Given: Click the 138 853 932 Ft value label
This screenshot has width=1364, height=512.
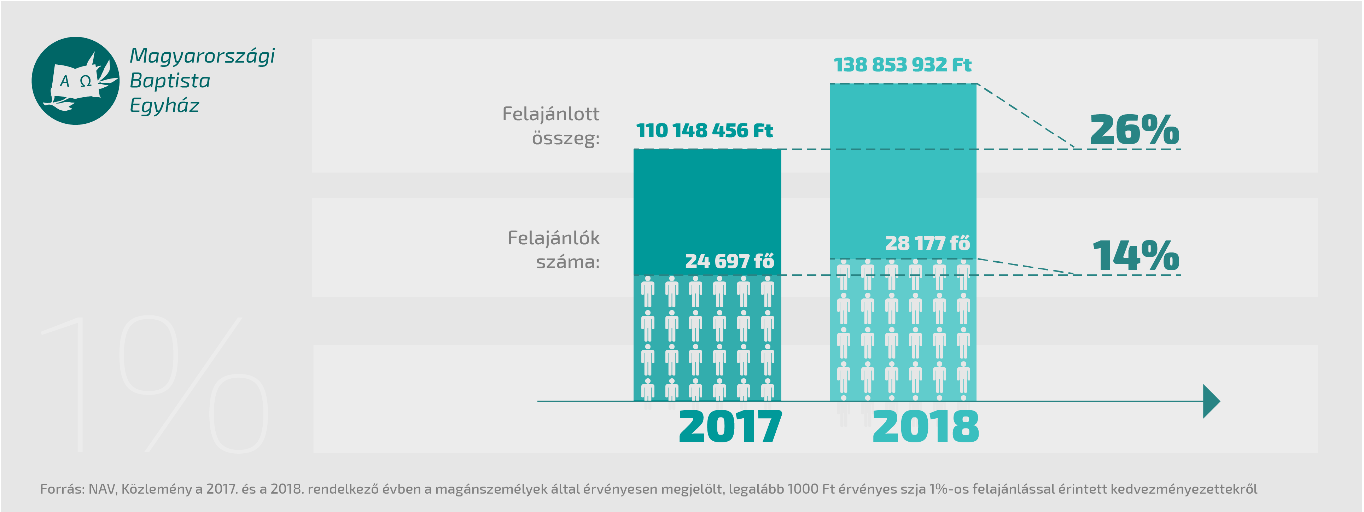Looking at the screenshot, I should [x=902, y=65].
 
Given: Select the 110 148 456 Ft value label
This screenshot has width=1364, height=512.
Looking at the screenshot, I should [x=704, y=131].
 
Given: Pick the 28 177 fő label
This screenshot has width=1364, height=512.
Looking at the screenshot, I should [x=927, y=244].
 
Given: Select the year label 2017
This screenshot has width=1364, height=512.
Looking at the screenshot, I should [x=730, y=427].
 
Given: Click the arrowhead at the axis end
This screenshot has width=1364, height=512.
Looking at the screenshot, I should [x=1211, y=401].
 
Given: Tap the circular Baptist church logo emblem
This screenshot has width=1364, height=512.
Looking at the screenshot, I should [x=76, y=81].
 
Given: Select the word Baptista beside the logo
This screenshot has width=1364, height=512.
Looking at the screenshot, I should [x=170, y=81].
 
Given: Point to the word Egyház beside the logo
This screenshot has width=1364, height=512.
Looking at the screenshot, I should [x=164, y=106].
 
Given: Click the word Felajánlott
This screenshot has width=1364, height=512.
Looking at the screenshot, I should [x=551, y=114].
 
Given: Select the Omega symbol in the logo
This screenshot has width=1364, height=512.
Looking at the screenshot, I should [x=85, y=81].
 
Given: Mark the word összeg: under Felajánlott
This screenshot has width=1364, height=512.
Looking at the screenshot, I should [x=566, y=139].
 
